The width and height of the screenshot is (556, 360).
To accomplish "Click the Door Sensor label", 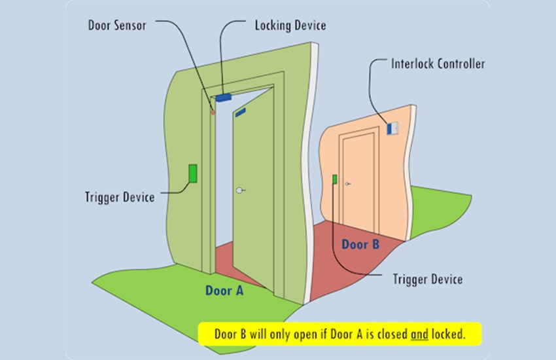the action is click(117, 26).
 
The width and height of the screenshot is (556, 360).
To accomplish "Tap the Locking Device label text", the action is click(290, 26).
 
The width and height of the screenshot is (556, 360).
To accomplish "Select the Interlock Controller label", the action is click(438, 64).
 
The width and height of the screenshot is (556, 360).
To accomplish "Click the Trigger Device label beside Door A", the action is click(120, 197).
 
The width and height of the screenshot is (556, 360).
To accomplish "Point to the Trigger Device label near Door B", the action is click(428, 279).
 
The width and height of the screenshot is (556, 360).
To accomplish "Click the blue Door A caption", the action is click(224, 291).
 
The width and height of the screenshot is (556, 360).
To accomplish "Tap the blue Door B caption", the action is click(360, 244).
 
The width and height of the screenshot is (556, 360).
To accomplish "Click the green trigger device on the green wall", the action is click(193, 173).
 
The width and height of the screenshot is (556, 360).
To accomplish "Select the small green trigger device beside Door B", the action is click(334, 179).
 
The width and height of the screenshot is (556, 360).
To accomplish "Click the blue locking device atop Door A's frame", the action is click(224, 98).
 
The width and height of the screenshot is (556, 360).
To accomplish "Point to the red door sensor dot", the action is click(213, 113).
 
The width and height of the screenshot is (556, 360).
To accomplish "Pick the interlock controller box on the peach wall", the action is click(392, 128).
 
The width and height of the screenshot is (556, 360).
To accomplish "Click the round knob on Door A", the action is click(239, 190).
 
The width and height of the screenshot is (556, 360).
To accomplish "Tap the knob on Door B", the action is click(347, 184).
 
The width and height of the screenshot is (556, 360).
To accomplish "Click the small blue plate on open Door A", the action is click(241, 113).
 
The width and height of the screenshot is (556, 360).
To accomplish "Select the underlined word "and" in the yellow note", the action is click(419, 334).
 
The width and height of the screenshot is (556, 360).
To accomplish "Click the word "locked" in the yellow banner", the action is click(448, 334).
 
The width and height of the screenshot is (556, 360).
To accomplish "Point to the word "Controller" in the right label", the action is click(461, 64).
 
